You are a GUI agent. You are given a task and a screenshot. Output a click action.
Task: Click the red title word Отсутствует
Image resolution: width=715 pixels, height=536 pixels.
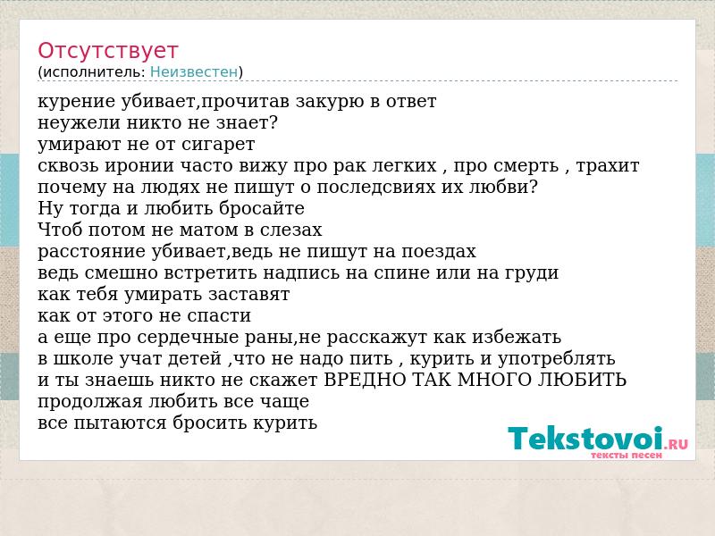[x=107, y=50]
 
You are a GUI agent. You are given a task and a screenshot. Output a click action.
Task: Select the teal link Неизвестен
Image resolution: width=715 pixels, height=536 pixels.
[x=194, y=72]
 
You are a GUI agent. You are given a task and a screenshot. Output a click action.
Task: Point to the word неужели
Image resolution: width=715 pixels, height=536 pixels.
[x=79, y=123]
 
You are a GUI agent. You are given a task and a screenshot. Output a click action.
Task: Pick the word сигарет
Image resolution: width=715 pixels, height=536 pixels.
[x=218, y=145]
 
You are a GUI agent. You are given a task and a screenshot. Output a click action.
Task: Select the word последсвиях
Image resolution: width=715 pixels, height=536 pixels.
[x=375, y=188]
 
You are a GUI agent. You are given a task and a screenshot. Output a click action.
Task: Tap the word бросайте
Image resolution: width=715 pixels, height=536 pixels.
[x=261, y=209]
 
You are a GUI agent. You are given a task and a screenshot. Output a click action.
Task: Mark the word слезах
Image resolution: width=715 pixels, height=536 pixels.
[x=291, y=230]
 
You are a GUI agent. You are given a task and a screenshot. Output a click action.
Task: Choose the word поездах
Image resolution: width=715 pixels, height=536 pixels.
[x=439, y=252]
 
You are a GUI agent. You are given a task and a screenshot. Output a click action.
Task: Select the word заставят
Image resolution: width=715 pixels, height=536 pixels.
[x=249, y=295]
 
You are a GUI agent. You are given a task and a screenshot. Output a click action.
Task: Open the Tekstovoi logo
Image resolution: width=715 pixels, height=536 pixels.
[x=598, y=440]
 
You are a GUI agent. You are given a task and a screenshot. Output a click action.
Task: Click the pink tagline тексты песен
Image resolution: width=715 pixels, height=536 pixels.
[x=627, y=456]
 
